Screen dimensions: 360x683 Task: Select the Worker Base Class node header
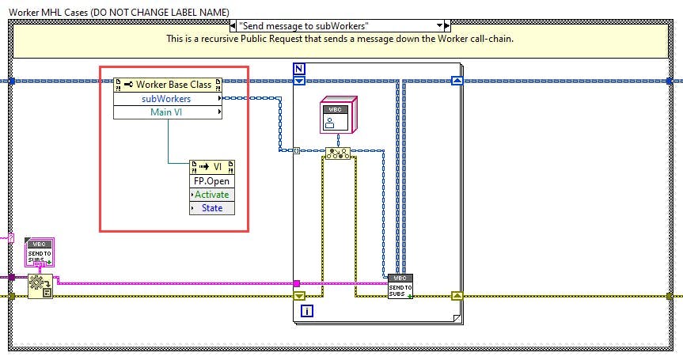coord(168,84)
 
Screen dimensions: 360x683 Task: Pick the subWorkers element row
coord(166,99)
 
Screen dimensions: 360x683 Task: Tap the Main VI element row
coord(166,112)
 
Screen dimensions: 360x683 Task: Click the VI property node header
coord(212,167)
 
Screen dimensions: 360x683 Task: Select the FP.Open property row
coord(212,180)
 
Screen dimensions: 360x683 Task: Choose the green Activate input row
coord(212,194)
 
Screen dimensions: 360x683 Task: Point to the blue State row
coord(212,207)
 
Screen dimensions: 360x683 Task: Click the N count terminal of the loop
coord(299,68)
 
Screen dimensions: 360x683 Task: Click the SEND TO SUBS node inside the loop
coord(400,286)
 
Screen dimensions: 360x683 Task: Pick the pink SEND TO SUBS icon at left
coord(38,252)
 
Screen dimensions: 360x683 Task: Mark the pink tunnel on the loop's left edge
coord(296,283)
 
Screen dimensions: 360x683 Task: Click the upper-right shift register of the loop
coord(456,80)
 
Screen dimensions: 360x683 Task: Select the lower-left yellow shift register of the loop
coord(299,296)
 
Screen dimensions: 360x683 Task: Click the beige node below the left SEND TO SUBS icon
coord(40,286)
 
